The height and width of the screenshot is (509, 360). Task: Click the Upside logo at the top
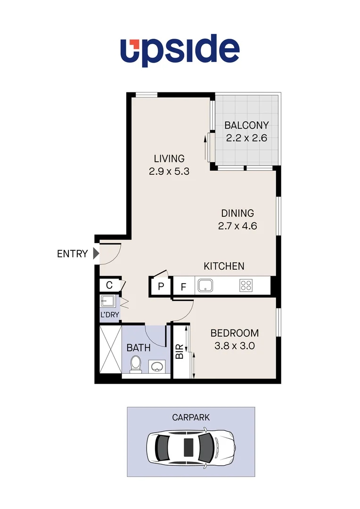(x=180, y=50)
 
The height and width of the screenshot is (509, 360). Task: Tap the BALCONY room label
(x=246, y=125)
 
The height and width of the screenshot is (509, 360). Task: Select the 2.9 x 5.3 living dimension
(x=169, y=172)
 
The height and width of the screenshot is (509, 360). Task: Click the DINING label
(x=237, y=213)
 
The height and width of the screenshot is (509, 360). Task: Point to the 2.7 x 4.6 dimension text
(x=237, y=226)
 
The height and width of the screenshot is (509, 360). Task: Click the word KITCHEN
(x=224, y=266)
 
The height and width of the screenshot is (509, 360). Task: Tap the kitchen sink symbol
(x=205, y=285)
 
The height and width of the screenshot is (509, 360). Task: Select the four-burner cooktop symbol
(x=245, y=285)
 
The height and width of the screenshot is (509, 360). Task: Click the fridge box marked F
(x=183, y=287)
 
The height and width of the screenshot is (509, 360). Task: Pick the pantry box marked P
(x=161, y=287)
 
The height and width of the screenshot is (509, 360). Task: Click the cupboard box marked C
(x=109, y=285)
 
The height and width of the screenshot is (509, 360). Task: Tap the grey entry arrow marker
(x=96, y=254)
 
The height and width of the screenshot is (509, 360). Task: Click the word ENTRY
(x=72, y=254)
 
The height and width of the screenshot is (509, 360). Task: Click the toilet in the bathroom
(x=136, y=364)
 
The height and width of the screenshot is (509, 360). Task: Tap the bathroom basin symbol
(x=157, y=366)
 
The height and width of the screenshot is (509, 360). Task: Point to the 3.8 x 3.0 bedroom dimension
(x=234, y=345)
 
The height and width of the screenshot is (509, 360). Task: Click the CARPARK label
(x=191, y=417)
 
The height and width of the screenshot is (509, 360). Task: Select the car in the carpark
(x=190, y=448)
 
